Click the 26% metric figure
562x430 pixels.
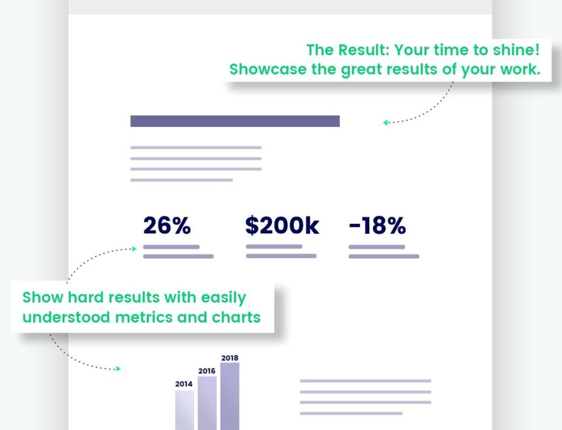[x=167, y=226]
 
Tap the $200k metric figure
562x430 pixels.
[x=282, y=226]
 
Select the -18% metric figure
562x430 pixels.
[x=377, y=226]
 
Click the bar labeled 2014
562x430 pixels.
[x=184, y=410]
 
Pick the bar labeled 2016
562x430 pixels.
[x=207, y=403]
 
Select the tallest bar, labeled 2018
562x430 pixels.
[x=229, y=396]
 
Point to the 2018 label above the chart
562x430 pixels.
[x=230, y=357]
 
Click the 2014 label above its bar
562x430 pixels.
[x=184, y=384]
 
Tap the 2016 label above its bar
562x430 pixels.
[x=207, y=371]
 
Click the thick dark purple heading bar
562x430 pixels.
[x=235, y=121]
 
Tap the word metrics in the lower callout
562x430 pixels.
[x=144, y=317]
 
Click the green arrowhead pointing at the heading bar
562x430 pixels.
[x=386, y=122]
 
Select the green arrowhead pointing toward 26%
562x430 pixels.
[x=134, y=248]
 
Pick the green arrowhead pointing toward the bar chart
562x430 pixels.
[x=118, y=369]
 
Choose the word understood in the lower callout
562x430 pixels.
[x=67, y=317]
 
